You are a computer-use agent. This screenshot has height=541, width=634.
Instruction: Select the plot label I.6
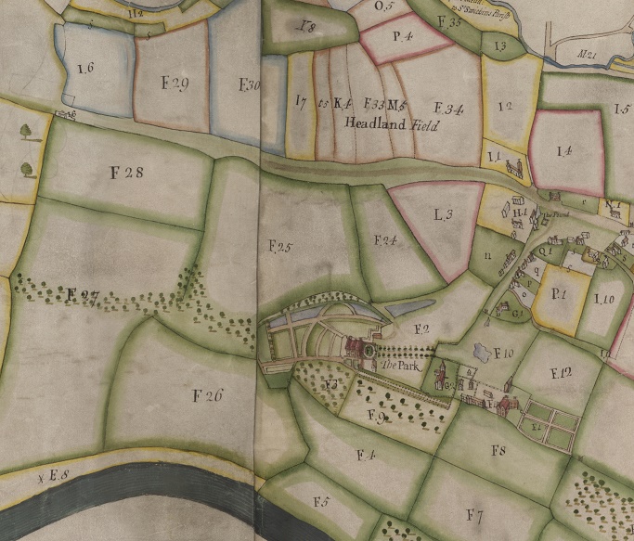click(86, 69)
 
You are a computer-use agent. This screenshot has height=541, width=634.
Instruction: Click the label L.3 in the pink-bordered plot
click(443, 214)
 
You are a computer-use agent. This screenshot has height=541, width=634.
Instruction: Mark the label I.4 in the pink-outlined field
click(563, 149)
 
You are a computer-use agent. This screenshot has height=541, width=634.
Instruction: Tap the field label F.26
click(209, 395)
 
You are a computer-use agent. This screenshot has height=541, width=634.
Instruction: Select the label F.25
click(279, 247)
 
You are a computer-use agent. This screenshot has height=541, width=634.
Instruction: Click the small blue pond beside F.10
click(481, 353)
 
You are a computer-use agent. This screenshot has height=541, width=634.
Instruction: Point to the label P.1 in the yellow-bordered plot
click(559, 293)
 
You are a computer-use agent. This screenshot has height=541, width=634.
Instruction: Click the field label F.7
click(476, 514)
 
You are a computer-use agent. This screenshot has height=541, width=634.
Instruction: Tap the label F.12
click(561, 374)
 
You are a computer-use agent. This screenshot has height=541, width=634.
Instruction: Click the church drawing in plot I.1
click(514, 167)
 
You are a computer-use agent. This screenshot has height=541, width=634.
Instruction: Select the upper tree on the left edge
click(24, 134)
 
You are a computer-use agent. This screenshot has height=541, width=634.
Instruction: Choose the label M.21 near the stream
click(586, 57)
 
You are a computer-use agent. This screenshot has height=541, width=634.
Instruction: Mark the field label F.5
click(321, 502)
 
